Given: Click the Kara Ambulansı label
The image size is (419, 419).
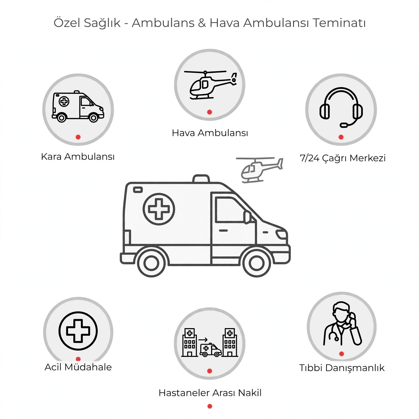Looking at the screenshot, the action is [78, 157].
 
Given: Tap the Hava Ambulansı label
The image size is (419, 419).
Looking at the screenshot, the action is [210, 133].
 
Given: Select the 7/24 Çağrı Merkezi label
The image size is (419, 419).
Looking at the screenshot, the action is [343, 158].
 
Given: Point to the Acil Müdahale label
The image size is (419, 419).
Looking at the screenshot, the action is [78, 367].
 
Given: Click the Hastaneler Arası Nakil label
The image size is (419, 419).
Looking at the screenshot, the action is [210, 393].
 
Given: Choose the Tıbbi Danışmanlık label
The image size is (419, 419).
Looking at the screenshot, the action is [342, 368].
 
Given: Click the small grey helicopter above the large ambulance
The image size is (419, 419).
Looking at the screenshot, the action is [259, 170].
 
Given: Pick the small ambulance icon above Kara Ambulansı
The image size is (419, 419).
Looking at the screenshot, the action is [78, 107].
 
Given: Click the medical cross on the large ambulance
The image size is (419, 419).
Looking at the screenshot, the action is [159, 209].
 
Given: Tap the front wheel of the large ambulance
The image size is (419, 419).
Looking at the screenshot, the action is [257, 263].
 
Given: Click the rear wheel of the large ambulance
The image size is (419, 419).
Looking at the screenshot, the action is [151, 263].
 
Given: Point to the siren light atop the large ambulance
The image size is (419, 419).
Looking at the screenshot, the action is [201, 178].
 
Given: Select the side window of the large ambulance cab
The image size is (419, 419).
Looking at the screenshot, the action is [230, 210].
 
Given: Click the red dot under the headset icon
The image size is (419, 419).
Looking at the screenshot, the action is [341, 137].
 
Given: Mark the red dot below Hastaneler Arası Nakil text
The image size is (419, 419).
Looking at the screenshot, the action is [210, 406].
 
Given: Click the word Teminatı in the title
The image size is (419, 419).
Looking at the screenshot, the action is [339, 23].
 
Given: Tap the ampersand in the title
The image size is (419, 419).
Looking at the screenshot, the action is [202, 23].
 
